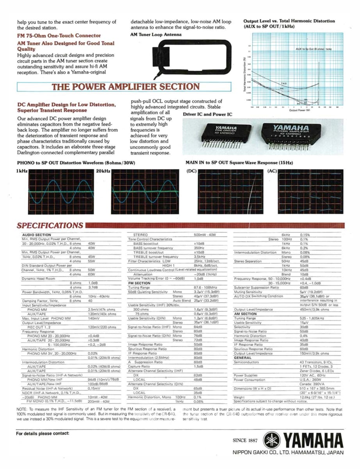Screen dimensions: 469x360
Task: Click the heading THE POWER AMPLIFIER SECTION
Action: coord(125,87)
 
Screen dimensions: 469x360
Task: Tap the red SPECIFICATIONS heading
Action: coord(50,225)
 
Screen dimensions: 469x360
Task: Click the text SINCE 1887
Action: coord(245,440)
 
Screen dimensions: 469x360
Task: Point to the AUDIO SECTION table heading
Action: coord(36,235)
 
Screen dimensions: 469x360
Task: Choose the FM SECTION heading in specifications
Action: coord(139,283)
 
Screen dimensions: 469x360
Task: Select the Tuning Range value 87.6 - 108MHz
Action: coord(205,287)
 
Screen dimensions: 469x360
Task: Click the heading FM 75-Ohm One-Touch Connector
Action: coord(59,36)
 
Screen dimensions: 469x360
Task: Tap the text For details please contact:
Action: coord(43,433)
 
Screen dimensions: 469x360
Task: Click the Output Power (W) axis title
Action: coord(299,110)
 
